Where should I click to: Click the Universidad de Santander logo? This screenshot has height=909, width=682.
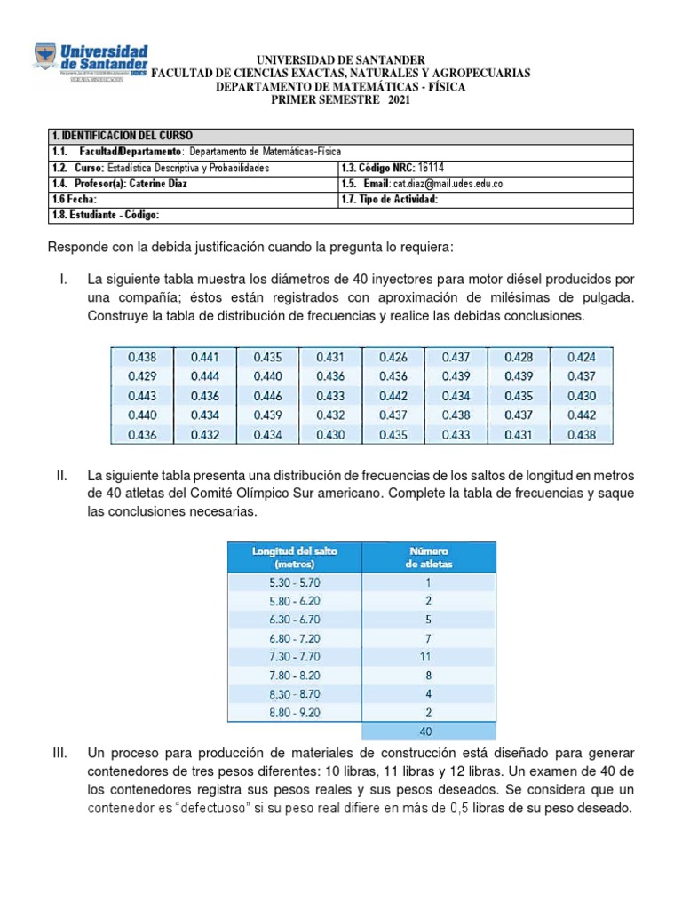click(x=91, y=64)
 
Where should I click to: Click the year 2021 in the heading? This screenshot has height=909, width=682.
click(x=397, y=100)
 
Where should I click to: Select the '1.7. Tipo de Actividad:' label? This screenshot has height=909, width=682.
click(x=390, y=200)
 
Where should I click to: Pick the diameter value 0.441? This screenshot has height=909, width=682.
click(x=204, y=357)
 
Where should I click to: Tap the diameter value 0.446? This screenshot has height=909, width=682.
click(x=267, y=396)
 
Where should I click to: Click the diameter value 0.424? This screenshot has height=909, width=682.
click(x=582, y=357)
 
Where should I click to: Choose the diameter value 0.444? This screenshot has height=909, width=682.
click(x=204, y=376)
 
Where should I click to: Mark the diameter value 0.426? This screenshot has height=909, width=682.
click(x=393, y=357)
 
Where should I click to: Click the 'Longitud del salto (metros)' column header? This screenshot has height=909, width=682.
click(x=295, y=557)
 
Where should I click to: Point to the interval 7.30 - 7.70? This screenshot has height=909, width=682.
click(x=295, y=657)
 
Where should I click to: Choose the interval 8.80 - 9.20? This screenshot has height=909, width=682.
click(x=295, y=712)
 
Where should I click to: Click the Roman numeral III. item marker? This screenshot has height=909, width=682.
click(x=60, y=754)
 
